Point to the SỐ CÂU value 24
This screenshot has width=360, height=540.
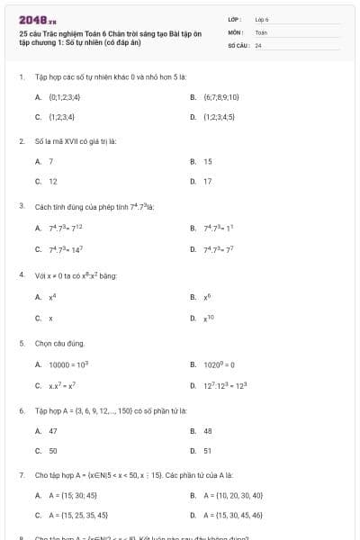258,44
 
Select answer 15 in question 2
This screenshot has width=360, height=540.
208,161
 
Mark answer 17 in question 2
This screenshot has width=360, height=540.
208,181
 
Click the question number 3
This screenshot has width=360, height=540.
21,206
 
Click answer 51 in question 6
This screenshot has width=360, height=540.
208,451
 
